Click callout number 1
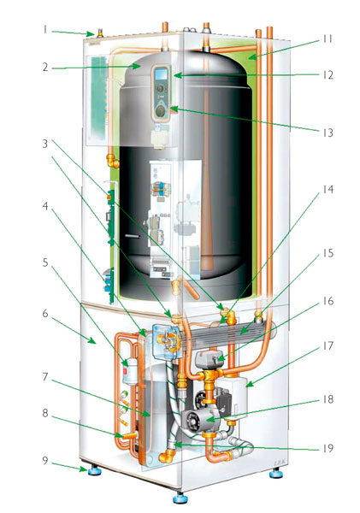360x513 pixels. (44, 30)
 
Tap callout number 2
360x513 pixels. (45, 67)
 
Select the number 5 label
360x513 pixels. (45, 262)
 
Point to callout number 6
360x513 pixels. (45, 314)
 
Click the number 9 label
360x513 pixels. (44, 460)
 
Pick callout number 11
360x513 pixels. (328, 39)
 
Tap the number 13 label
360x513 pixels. (328, 133)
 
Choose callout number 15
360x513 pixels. (328, 253)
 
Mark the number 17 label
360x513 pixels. (328, 345)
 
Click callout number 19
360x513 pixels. (328, 448)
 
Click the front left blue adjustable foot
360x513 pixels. (93, 470)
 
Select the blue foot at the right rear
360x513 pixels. (276, 473)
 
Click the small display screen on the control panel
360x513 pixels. (162, 74)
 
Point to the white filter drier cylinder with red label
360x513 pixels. (129, 371)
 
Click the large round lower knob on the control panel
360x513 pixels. (161, 110)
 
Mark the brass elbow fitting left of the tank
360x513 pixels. (113, 161)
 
